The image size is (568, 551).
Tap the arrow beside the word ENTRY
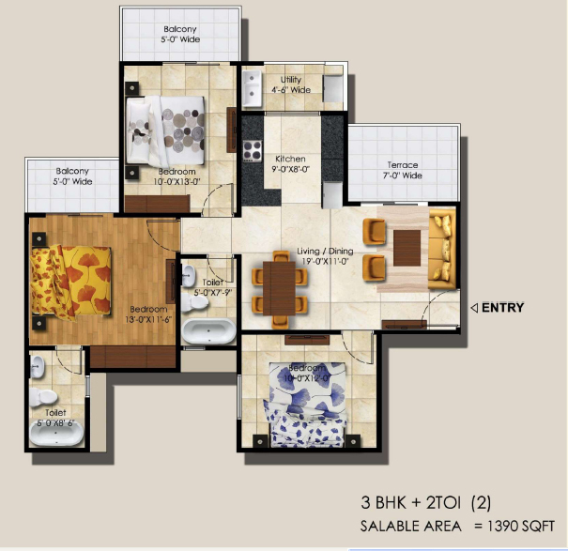coord(474,307)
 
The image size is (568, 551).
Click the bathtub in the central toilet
coord(208,330)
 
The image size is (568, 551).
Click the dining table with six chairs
coord(276,284)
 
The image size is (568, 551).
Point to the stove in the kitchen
coord(252,147)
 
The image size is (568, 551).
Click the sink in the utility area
coord(253,91)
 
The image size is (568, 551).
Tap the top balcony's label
coord(179,35)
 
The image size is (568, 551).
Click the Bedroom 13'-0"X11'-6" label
coord(148,314)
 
